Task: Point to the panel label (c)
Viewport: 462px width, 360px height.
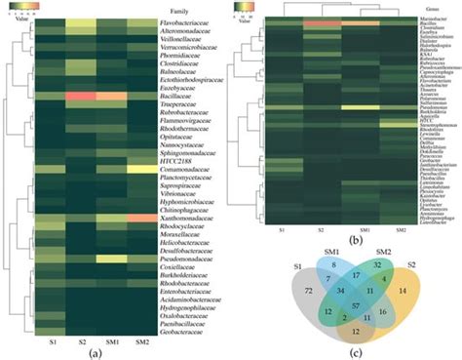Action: [363, 352]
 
